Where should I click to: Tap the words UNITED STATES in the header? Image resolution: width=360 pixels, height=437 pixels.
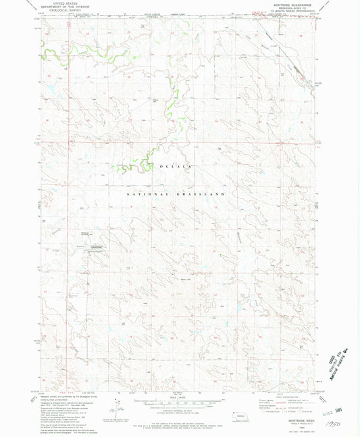66,4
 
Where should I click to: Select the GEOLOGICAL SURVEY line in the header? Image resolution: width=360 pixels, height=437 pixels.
66,12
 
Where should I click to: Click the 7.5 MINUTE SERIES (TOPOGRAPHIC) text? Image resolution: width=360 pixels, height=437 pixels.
294,13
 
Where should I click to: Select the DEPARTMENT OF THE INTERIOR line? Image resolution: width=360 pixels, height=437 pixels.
66,8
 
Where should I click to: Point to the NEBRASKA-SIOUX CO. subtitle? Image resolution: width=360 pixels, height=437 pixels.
294,9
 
